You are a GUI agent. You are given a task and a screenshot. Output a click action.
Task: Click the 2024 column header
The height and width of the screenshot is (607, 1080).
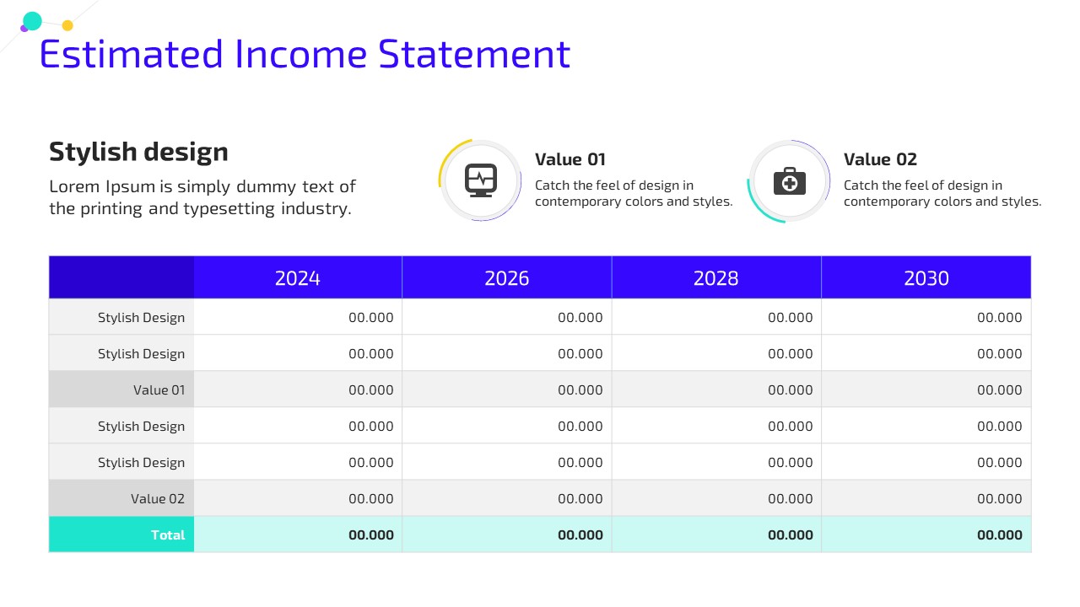(x=298, y=278)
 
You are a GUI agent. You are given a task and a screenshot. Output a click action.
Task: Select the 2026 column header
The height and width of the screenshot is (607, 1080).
(x=507, y=278)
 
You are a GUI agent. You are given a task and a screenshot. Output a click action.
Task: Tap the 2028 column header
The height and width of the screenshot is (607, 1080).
(x=716, y=278)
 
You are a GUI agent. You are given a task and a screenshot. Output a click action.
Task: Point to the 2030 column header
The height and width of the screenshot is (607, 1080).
(x=926, y=278)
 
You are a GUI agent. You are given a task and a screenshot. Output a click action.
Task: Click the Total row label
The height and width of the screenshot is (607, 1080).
(x=168, y=534)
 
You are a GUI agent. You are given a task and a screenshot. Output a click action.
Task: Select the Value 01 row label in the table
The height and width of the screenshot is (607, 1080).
(x=159, y=389)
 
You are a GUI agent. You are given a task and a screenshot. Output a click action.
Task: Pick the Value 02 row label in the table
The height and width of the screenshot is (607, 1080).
(x=158, y=498)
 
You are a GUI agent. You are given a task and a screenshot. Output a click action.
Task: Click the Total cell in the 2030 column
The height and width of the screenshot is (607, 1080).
(x=1000, y=534)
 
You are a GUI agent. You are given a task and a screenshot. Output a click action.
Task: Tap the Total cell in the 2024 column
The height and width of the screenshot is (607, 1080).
(x=370, y=534)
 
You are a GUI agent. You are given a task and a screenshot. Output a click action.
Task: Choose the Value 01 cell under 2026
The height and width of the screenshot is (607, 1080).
(x=580, y=389)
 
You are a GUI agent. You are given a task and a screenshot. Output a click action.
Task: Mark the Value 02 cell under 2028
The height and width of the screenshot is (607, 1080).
(x=791, y=498)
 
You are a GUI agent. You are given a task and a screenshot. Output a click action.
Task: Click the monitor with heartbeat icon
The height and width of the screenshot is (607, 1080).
(x=481, y=180)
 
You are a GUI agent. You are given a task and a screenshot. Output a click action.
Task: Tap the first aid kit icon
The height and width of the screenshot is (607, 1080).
(x=789, y=181)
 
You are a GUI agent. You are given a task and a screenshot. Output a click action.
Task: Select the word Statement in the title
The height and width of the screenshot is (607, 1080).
(x=474, y=54)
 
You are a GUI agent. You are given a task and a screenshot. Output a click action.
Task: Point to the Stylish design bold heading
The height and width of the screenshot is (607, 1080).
(x=138, y=153)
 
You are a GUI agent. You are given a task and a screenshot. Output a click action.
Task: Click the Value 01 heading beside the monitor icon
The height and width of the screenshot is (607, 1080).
(x=570, y=159)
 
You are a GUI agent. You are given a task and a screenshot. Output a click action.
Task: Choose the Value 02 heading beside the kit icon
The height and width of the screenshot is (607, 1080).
(x=880, y=159)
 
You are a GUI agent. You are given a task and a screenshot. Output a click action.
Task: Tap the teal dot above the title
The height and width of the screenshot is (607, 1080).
(x=32, y=21)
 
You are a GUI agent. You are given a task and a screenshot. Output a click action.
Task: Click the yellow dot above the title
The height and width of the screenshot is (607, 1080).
(x=67, y=25)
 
